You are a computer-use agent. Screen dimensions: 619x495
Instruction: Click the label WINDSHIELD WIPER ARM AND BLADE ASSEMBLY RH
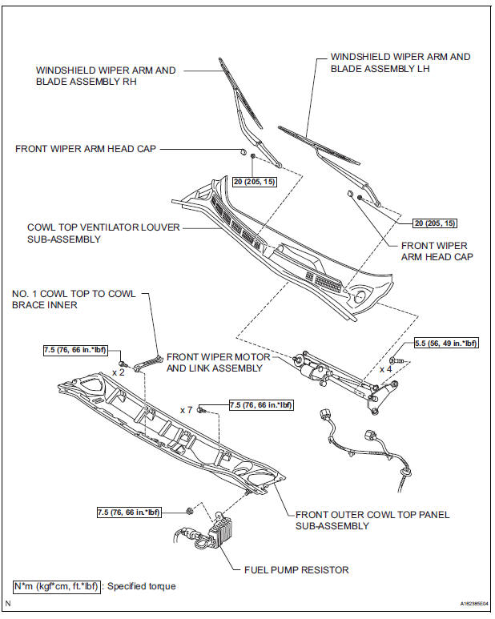pyautogui.click(x=106, y=76)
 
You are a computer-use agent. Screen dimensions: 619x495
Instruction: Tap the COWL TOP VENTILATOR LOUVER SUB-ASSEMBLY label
pyautogui.click(x=103, y=233)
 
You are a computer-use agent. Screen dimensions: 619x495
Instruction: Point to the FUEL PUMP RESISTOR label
pyautogui.click(x=296, y=570)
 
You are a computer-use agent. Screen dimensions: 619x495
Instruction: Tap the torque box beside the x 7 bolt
pyautogui.click(x=261, y=405)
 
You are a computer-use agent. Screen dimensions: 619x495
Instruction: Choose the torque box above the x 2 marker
pyautogui.click(x=74, y=350)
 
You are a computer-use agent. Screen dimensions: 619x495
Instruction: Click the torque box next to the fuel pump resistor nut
pyautogui.click(x=128, y=511)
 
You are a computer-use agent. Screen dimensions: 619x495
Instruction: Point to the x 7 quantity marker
pyautogui.click(x=186, y=409)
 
